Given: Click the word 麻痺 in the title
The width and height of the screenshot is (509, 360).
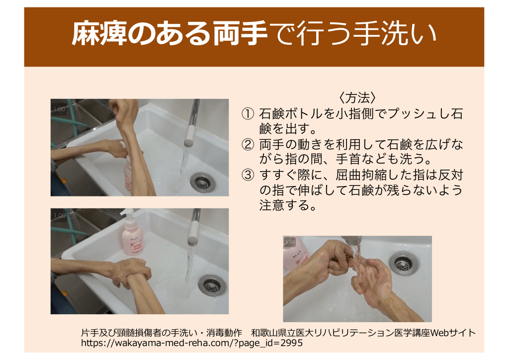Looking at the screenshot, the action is [99, 33].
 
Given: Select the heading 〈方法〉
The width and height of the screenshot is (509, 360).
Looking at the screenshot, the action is [357, 97].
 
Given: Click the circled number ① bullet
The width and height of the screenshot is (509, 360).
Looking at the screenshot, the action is [248, 114].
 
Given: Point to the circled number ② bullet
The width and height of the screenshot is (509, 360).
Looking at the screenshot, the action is [248, 145].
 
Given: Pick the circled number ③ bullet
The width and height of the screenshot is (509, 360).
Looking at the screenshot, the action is [248, 175].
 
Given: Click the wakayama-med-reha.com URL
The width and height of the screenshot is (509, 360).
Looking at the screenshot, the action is [192, 343].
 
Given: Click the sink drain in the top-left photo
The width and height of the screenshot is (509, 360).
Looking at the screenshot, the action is [203, 182].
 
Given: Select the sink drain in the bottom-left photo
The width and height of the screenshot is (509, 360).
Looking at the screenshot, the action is [212, 285].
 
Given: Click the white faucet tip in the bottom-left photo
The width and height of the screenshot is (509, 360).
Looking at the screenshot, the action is [193, 233].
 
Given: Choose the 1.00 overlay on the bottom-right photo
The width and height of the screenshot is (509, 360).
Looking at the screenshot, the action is [290, 242].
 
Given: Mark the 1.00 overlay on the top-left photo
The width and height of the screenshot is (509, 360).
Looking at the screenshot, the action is [60, 109].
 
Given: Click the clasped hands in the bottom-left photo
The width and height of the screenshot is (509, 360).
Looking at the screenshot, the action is [135, 272].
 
